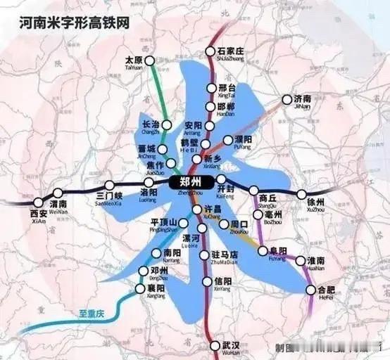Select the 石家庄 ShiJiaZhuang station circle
coord(209,51)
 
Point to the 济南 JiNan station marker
coord(287,100)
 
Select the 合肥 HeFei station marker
coord(311,290)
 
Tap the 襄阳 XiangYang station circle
coord(140,288)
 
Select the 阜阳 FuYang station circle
coord(263,250)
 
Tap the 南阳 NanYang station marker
coord(158,253)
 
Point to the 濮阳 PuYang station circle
coord(227,140)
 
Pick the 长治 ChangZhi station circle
coord(167,125)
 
